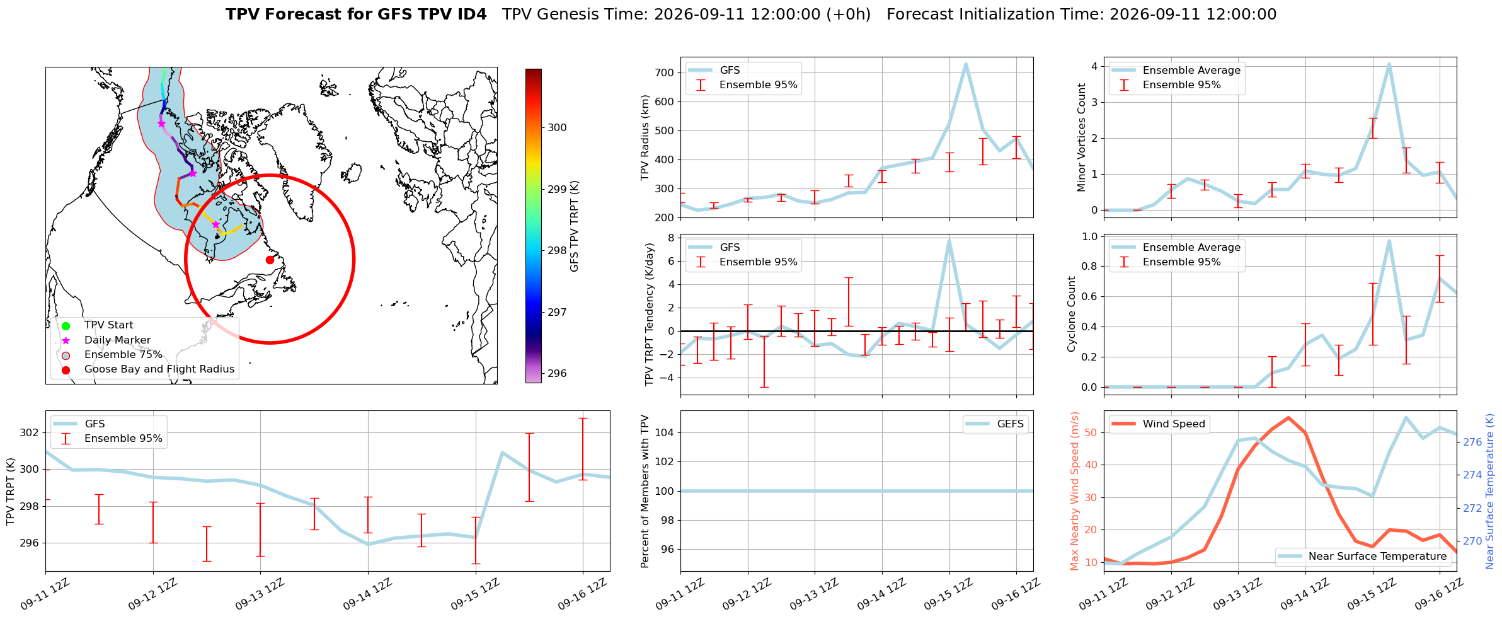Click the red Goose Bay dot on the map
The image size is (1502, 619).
tap(270, 260)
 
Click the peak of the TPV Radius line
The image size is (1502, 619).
tap(965, 64)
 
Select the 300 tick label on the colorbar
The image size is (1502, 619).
tap(557, 127)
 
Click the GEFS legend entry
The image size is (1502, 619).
tap(995, 424)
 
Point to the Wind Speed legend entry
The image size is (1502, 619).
tap(1159, 424)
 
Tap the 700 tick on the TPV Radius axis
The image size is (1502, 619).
tap(665, 72)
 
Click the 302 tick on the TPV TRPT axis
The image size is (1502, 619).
tap(29, 432)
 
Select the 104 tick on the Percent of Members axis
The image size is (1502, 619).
tap(665, 432)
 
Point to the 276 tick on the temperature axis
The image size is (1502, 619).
tap(1472, 443)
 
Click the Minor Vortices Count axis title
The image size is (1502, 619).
tap(1082, 137)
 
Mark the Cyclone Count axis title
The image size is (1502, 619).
tap(1072, 314)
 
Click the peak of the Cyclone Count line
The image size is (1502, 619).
tap(1389, 240)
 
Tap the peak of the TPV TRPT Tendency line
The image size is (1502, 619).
tap(949, 240)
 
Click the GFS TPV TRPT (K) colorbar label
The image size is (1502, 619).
tap(574, 226)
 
